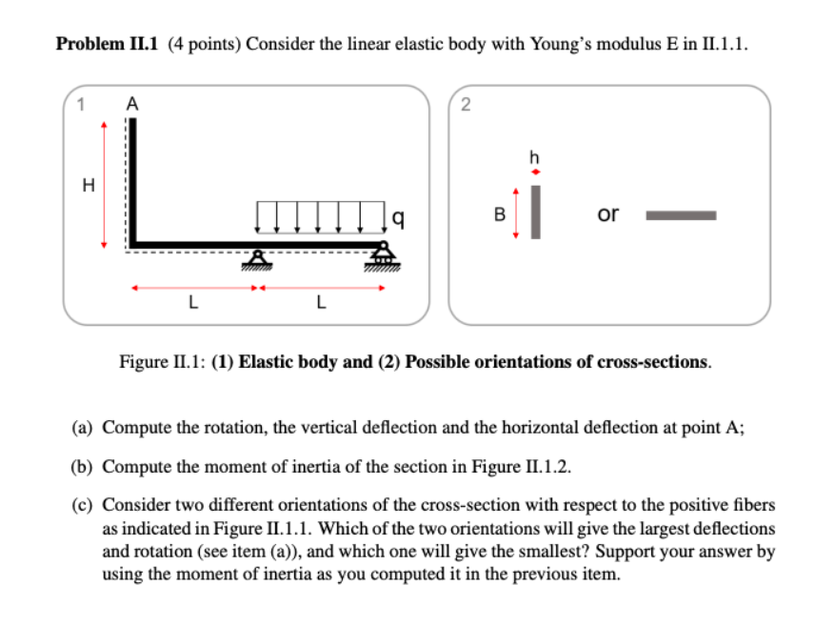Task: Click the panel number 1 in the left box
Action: tap(81, 106)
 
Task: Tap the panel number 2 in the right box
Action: tap(465, 106)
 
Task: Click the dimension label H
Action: tap(88, 187)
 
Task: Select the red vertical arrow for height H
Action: tap(104, 186)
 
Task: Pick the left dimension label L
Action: tap(192, 305)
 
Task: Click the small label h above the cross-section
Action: tap(535, 155)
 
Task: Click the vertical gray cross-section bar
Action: tap(535, 212)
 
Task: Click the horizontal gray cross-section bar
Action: tap(681, 215)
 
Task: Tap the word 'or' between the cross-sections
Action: tap(607, 213)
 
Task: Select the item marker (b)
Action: tap(83, 466)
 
